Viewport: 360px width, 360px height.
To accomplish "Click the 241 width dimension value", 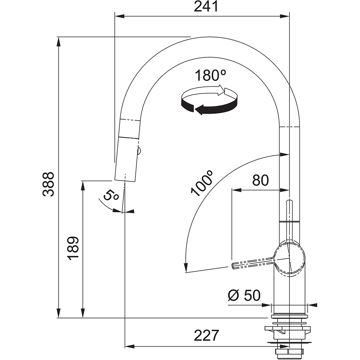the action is [x=206, y=6].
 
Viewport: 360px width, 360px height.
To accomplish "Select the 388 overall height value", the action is [x=49, y=184].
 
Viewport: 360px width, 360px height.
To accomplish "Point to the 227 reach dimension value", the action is [x=207, y=336].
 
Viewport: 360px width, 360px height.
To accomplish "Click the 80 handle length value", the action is [x=260, y=180].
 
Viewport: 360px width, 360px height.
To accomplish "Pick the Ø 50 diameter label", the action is [x=244, y=295].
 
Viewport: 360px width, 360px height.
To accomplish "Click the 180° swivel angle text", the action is [x=210, y=75].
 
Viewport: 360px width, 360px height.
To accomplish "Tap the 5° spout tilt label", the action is [x=111, y=195].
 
